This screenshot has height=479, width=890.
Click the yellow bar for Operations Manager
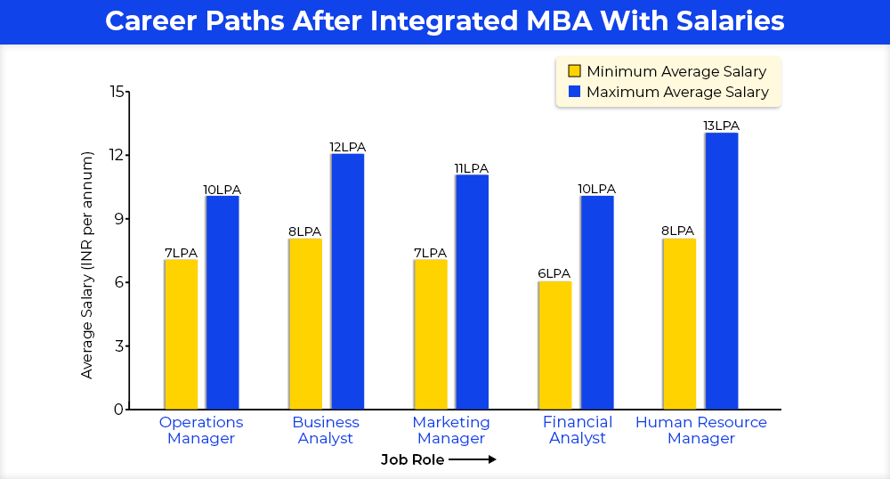tap(181, 334)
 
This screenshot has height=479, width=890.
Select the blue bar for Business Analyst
tap(347, 281)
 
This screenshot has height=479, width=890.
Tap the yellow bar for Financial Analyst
tap(554, 345)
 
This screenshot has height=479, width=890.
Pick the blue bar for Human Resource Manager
tap(721, 271)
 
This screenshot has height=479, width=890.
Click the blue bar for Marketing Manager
tap(472, 292)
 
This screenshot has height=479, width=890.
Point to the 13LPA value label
tap(721, 126)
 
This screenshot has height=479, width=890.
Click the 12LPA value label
tap(347, 147)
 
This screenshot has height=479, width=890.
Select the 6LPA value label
tap(554, 273)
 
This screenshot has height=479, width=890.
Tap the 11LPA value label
tap(472, 168)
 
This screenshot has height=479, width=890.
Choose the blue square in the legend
tap(574, 92)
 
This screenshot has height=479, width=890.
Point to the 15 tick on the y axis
tap(117, 92)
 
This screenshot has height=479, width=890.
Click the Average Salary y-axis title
tap(87, 265)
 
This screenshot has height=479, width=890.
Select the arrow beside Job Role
tap(472, 459)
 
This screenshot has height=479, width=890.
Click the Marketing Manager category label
tap(451, 430)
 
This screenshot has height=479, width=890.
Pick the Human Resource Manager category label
tap(701, 430)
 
